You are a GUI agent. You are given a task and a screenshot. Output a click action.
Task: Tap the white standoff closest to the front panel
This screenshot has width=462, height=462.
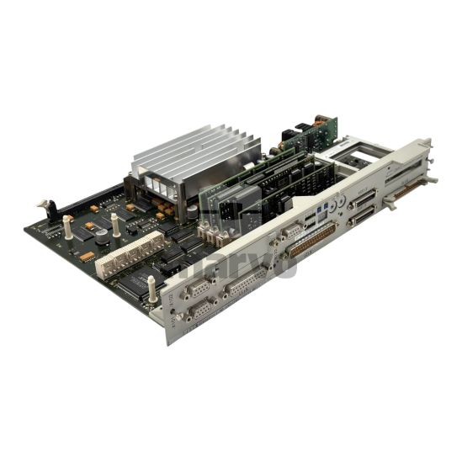pyautogui.click(x=152, y=289)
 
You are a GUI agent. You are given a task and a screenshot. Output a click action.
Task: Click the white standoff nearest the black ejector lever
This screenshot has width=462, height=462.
pyautogui.click(x=67, y=226)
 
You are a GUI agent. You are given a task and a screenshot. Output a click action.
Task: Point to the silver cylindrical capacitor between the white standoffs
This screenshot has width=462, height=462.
pyautogui.click(x=102, y=238)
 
